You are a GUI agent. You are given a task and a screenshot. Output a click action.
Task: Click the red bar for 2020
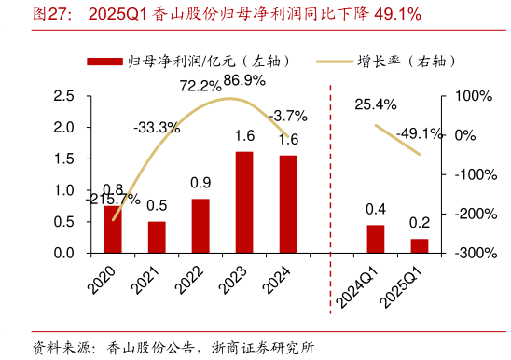[x=113, y=229]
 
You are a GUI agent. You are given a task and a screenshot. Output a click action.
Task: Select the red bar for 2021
[x=157, y=237]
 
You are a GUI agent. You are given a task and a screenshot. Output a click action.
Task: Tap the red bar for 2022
[x=200, y=226]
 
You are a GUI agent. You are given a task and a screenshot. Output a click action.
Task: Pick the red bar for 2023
[x=244, y=202]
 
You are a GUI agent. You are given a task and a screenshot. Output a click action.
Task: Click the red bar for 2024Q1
[x=376, y=239]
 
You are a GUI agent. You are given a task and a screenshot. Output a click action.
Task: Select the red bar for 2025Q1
[x=420, y=245]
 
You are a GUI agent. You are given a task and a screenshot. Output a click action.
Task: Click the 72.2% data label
[x=199, y=86]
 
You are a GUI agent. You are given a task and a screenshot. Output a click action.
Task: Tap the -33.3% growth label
[x=156, y=127]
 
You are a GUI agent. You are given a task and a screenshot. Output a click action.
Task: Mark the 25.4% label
[x=375, y=104]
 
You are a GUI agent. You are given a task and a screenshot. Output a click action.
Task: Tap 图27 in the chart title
[x=50, y=15]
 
